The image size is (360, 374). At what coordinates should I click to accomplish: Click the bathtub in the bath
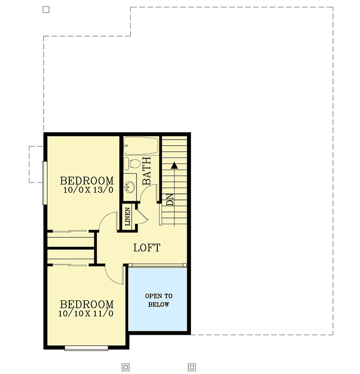pyautogui.click(x=141, y=146)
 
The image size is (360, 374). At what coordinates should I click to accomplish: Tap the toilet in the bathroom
pyautogui.click(x=133, y=162)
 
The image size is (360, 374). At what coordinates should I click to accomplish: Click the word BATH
pyautogui.click(x=147, y=170)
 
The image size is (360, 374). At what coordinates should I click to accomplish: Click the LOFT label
pyautogui.click(x=147, y=248)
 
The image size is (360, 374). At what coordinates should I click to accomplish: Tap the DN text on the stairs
pyautogui.click(x=170, y=200)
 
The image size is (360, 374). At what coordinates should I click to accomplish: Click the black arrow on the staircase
pyautogui.click(x=173, y=166)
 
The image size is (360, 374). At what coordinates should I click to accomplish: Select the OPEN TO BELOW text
pyautogui.click(x=159, y=300)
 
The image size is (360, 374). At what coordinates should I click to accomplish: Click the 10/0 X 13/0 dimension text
pyautogui.click(x=88, y=190)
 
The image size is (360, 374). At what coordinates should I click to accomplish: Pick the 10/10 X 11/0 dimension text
pyautogui.click(x=86, y=314)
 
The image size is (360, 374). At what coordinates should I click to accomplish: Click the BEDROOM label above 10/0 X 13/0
pyautogui.click(x=87, y=180)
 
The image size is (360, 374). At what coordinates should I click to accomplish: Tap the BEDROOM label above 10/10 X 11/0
pyautogui.click(x=86, y=304)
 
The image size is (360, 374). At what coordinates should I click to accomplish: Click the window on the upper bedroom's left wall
pyautogui.click(x=44, y=182)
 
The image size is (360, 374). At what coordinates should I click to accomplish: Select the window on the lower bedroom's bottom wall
pyautogui.click(x=86, y=348)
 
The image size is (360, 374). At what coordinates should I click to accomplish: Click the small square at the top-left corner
pyautogui.click(x=46, y=10)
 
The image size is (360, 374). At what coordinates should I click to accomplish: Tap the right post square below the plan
pyautogui.click(x=191, y=367)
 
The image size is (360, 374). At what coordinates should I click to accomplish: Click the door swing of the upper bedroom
pyautogui.click(x=111, y=221)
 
